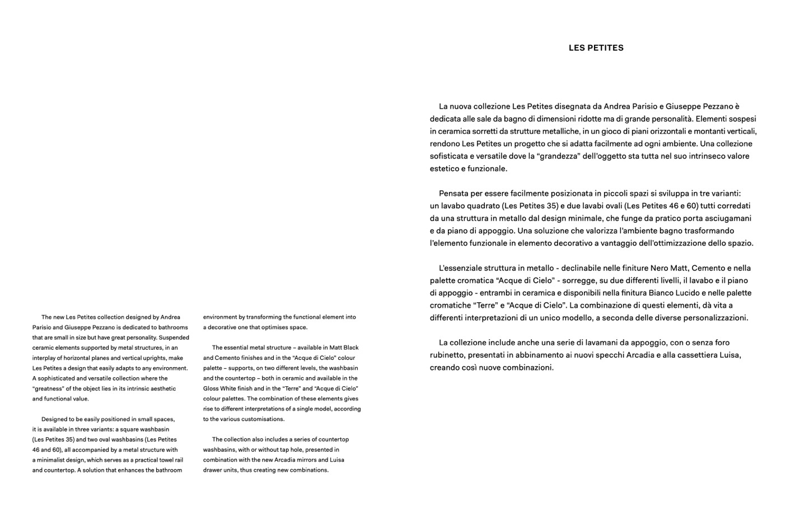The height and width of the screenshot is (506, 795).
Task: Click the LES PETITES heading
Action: point(596,48)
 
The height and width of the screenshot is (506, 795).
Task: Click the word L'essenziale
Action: point(461,268)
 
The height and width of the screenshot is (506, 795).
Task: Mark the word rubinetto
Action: point(447,355)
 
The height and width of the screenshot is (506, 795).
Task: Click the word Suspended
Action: point(174,338)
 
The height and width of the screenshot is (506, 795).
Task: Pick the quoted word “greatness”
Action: point(48,388)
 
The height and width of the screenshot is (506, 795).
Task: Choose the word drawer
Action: point(213,470)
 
